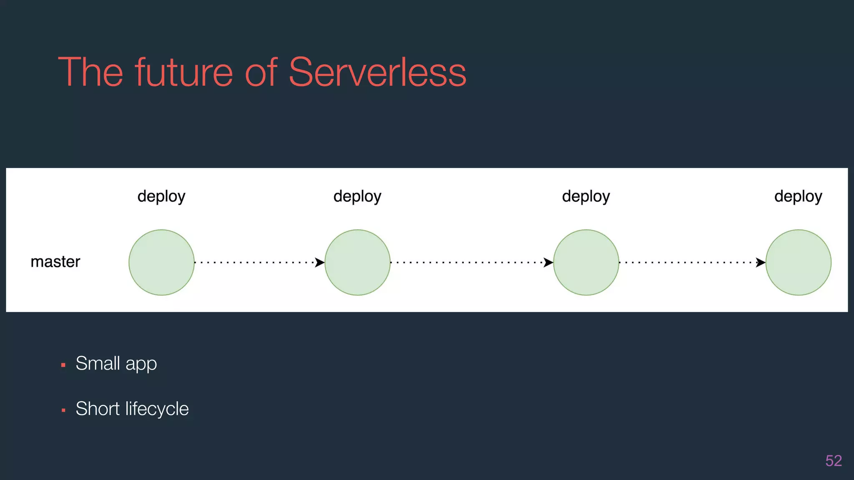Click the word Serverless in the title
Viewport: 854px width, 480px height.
tap(377, 72)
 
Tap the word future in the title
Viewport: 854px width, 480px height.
tap(183, 72)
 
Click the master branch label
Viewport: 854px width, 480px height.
tap(55, 262)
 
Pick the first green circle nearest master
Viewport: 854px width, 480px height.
tap(161, 262)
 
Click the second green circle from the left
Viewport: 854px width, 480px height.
tap(357, 262)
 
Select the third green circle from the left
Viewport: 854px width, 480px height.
tap(586, 262)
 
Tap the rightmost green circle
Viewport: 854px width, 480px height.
tap(798, 262)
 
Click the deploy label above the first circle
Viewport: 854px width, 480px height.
tap(161, 196)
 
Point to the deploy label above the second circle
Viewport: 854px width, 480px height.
tap(357, 196)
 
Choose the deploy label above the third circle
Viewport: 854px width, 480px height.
tap(586, 196)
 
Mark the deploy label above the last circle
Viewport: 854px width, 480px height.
tap(798, 196)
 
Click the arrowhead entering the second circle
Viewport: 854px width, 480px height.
tap(320, 262)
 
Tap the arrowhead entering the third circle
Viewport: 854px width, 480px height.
tap(548, 262)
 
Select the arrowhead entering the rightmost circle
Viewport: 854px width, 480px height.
tap(761, 262)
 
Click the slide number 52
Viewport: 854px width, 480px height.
tap(834, 461)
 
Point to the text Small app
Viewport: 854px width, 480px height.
tap(116, 364)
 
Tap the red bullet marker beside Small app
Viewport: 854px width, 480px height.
tap(63, 365)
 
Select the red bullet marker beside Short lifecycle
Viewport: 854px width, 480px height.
tap(63, 410)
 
